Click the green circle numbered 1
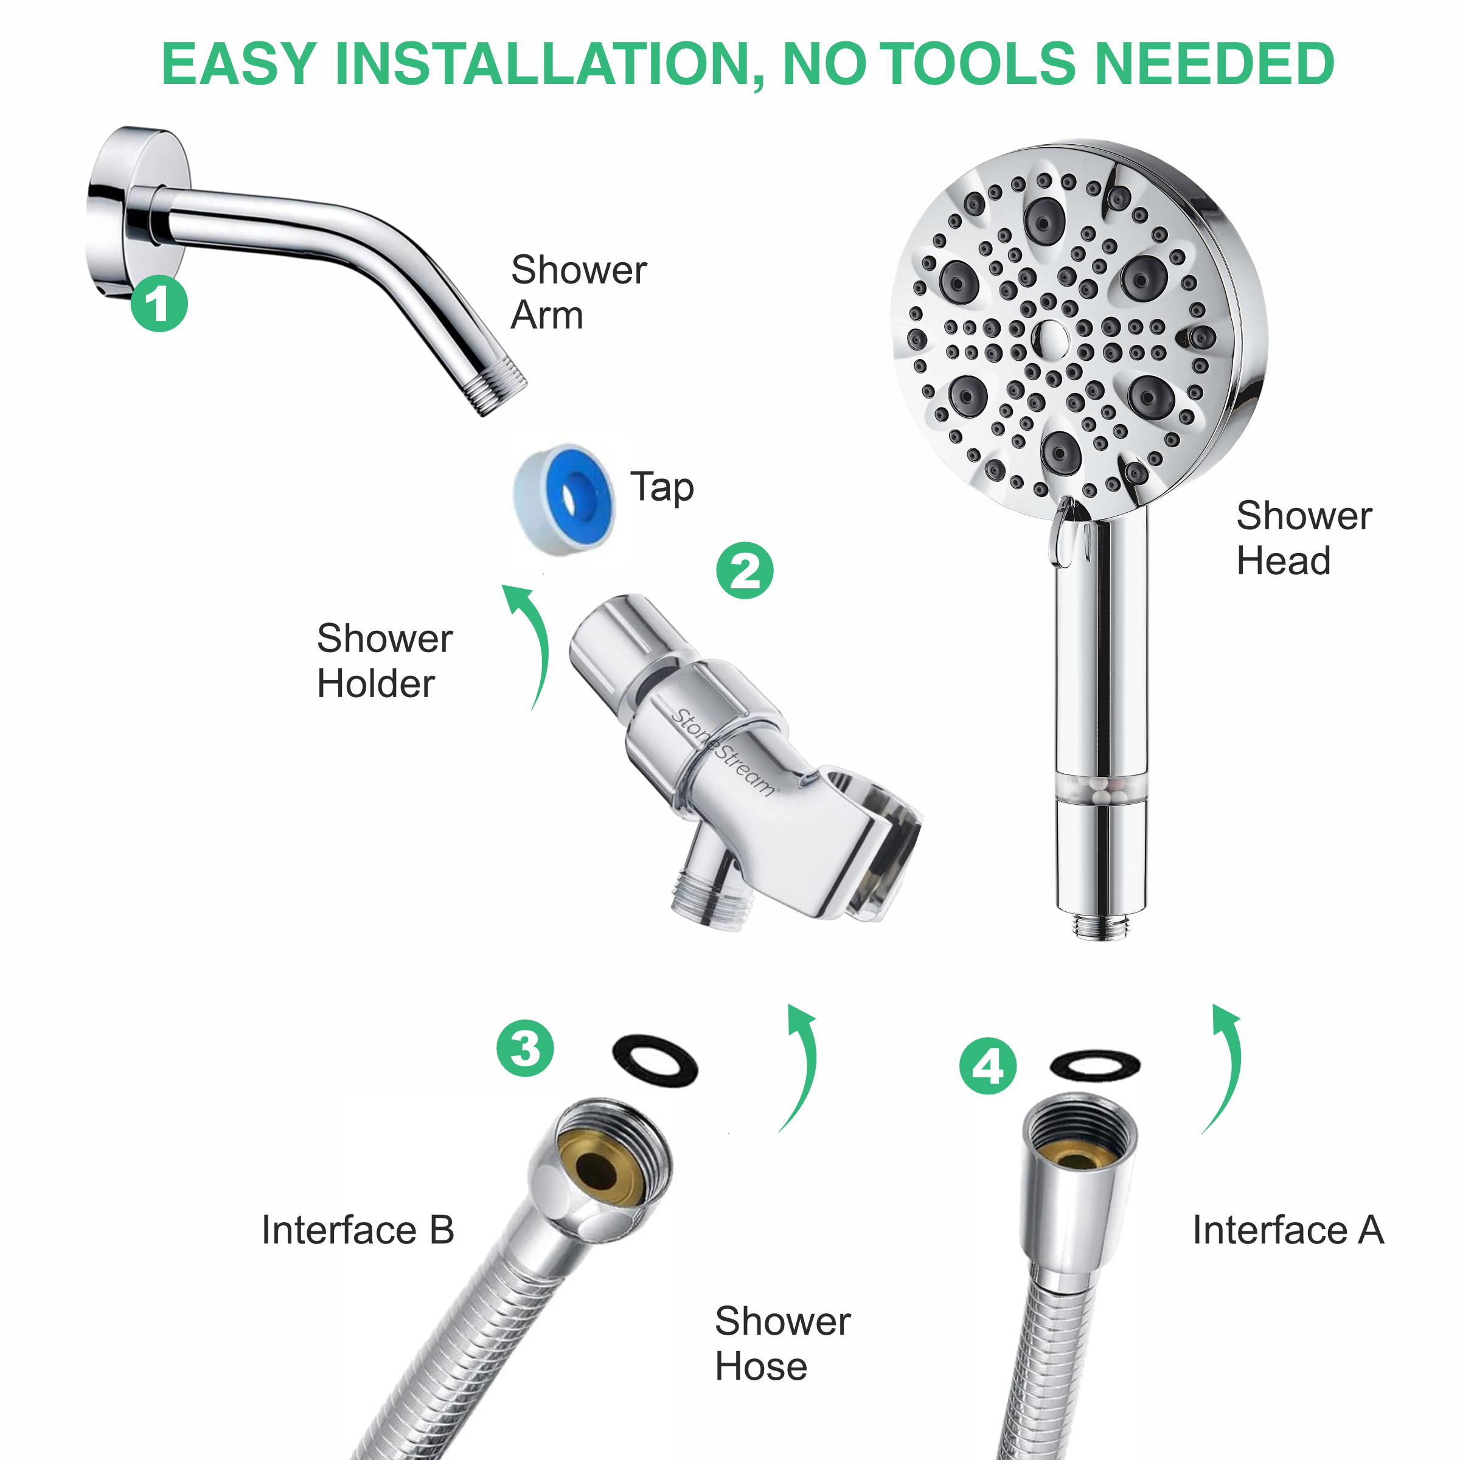159,303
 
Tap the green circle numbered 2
745,571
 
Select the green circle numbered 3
524,1048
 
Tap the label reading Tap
662,487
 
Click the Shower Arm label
578,292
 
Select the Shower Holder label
384,661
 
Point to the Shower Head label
1304,538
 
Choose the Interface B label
358,1229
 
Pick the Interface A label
1288,1229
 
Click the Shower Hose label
782,1343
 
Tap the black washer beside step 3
655,1060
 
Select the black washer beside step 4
1095,1066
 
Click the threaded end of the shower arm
495,390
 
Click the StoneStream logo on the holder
723,751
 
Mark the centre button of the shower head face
1049,338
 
